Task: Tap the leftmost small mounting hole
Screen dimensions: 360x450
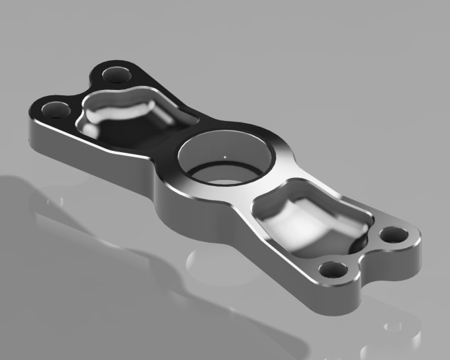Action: (x=55, y=107)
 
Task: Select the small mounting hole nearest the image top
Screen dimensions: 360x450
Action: (x=117, y=73)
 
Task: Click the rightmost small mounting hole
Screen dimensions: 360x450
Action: (x=394, y=234)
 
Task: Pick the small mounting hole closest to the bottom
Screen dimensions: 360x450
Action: (x=333, y=270)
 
